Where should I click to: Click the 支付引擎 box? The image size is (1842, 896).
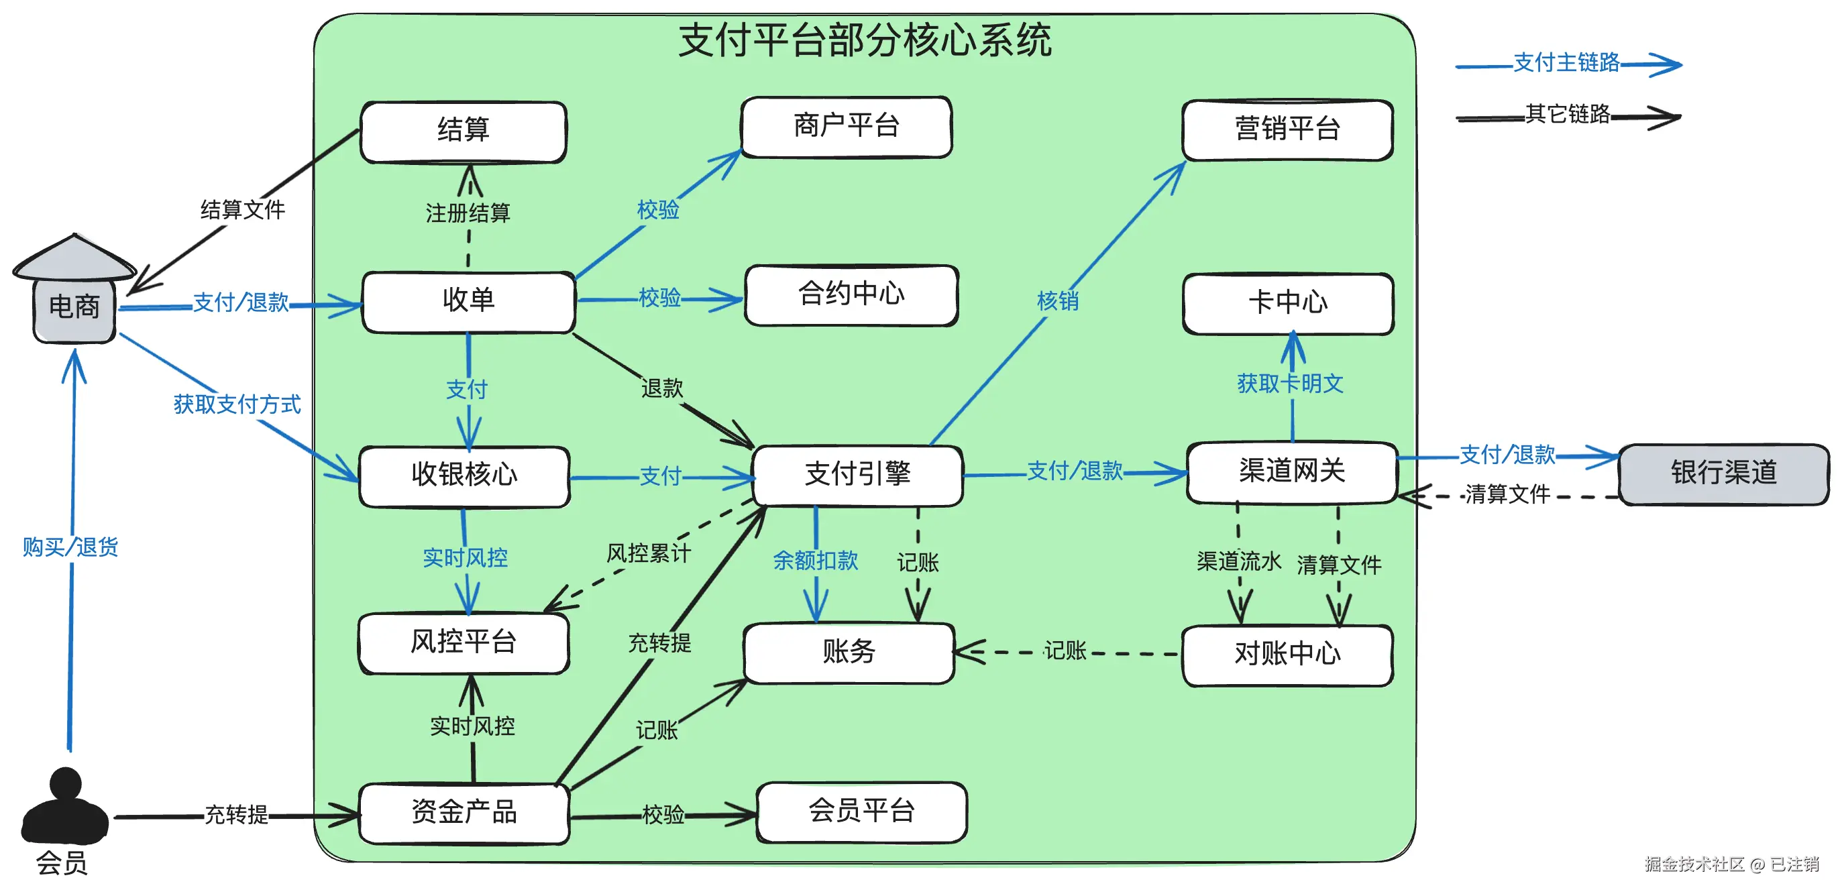(857, 475)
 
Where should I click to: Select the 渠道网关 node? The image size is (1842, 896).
(1291, 472)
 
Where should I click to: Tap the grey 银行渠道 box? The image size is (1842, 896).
(1723, 474)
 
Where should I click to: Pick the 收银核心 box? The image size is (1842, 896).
(464, 476)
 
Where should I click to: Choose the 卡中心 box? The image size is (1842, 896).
(1288, 304)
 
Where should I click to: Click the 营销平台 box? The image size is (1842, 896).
(1287, 130)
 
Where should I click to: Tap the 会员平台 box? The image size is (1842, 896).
(862, 812)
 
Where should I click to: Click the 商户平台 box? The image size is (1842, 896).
(847, 127)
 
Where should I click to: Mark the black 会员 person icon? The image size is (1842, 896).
(65, 806)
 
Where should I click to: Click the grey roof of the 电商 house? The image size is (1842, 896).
(74, 258)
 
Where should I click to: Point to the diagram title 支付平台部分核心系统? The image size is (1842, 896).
(865, 40)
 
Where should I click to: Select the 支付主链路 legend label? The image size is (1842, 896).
(1566, 63)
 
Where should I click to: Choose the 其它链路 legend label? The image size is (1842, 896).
(1568, 115)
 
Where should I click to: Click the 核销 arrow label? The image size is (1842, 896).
(1058, 301)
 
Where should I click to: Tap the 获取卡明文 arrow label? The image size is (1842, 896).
(1290, 384)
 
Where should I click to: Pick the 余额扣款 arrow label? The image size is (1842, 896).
(815, 561)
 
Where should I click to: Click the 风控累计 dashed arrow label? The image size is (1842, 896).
(649, 553)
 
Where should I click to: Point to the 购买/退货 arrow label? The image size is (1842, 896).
(70, 548)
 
